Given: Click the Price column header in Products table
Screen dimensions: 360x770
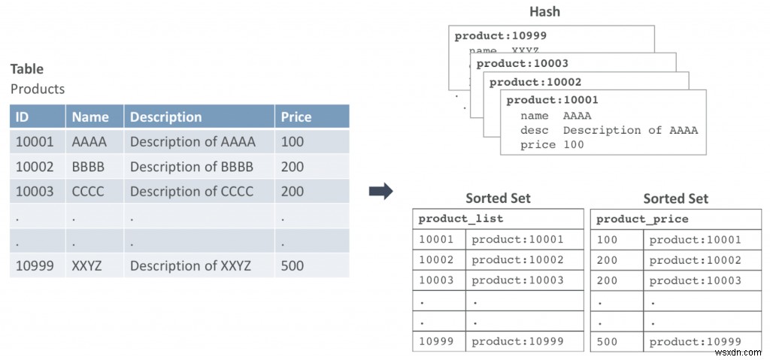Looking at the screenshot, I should pyautogui.click(x=296, y=116).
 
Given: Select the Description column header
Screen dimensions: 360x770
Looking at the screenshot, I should pyautogui.click(x=165, y=116).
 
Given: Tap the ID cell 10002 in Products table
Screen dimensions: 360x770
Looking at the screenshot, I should pyautogui.click(x=35, y=166).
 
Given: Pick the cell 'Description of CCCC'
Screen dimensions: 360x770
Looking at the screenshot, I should pyautogui.click(x=192, y=191).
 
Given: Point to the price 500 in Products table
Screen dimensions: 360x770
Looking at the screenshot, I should pyautogui.click(x=293, y=265).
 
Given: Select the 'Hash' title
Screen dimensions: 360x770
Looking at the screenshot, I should pyautogui.click(x=544, y=11).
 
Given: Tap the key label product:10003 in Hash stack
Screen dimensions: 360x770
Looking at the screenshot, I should pyautogui.click(x=522, y=63).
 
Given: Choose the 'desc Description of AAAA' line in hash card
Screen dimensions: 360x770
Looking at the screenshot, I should pyautogui.click(x=608, y=130).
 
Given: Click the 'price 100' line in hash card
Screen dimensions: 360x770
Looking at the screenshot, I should pyautogui.click(x=551, y=144).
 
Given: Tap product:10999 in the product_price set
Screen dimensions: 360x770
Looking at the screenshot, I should pyautogui.click(x=695, y=341).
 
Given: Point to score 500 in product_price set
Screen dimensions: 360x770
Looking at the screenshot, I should pyautogui.click(x=606, y=341).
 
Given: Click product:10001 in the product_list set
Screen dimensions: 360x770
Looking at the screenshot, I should pyautogui.click(x=517, y=240).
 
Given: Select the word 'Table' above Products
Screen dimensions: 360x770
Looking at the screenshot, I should pyautogui.click(x=27, y=69).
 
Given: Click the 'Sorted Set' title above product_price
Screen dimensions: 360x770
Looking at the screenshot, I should pyautogui.click(x=675, y=198).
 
